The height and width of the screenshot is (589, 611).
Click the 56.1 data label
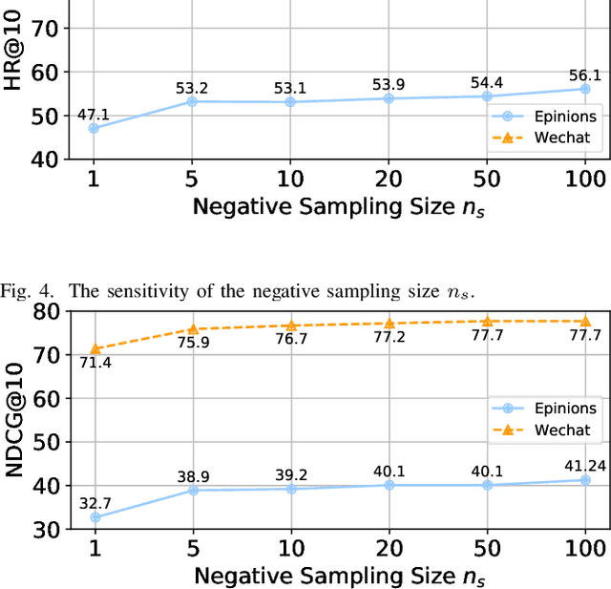pos(584,75)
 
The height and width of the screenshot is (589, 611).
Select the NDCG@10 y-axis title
pos(13,420)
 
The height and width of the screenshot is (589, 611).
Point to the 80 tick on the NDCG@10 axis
pos(45,311)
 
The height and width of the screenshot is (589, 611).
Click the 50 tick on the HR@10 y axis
pos(45,116)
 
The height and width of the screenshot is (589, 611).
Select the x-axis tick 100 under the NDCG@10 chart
pos(584,548)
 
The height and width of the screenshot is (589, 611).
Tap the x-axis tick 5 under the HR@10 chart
pos(193,179)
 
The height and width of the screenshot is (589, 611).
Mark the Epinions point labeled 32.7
pos(95,516)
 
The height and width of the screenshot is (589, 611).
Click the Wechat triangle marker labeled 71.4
pos(95,349)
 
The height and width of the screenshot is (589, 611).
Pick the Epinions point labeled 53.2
pos(193,100)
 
